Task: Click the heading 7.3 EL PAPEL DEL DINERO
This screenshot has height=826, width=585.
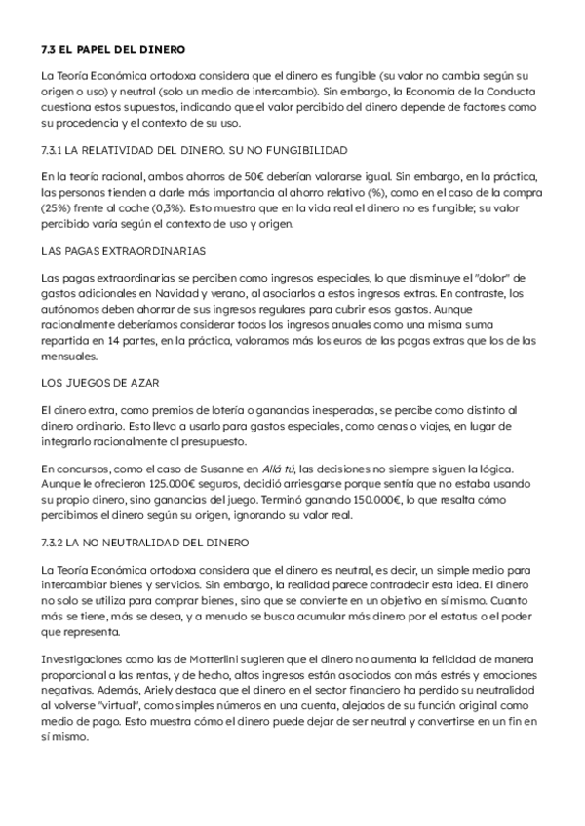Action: pos(113,48)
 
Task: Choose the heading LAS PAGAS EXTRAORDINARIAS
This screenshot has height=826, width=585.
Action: pos(123,251)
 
